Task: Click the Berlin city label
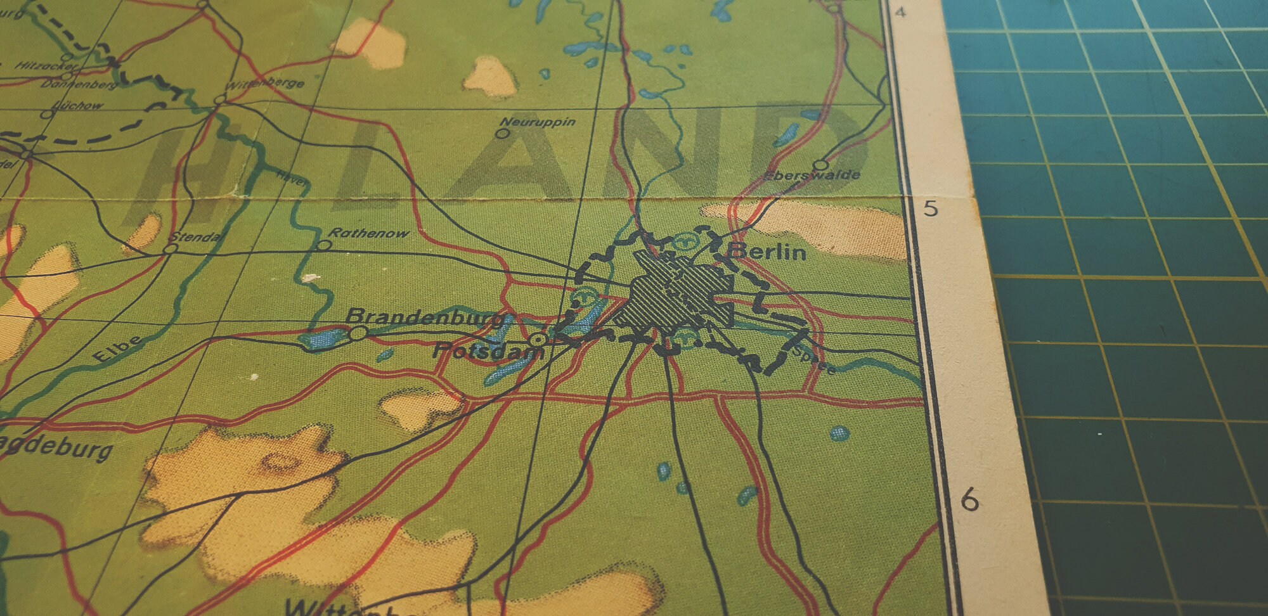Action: (x=768, y=252)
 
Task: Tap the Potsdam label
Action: (x=488, y=350)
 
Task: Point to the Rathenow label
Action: (x=368, y=233)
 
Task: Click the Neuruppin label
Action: (x=537, y=122)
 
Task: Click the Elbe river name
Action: (x=118, y=349)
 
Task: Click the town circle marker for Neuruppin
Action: (x=503, y=134)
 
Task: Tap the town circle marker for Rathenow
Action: (x=324, y=245)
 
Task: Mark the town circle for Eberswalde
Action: (x=820, y=165)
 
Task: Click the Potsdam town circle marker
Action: (x=539, y=340)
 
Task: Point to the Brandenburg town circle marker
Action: (x=358, y=333)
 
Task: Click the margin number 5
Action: (x=930, y=208)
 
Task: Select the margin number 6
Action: (x=969, y=500)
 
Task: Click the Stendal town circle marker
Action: (x=170, y=249)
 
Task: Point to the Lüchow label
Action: (x=79, y=105)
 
